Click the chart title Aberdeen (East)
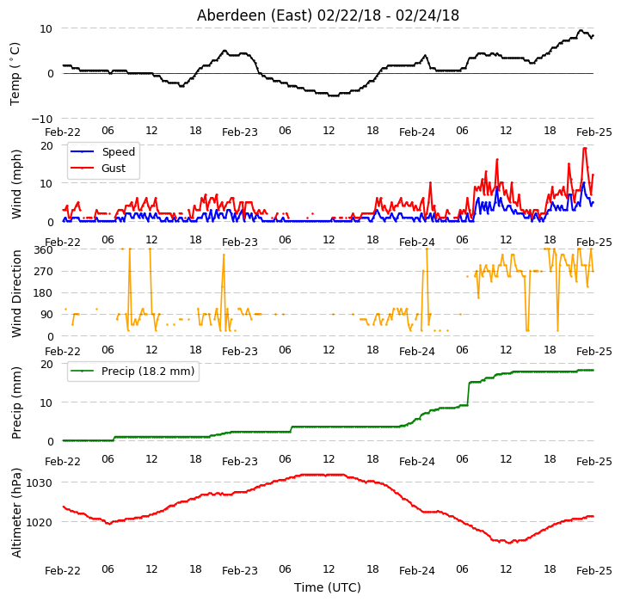click(255, 15)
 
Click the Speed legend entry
click(102, 151)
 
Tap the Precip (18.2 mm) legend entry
click(132, 372)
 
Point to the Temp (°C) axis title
click(15, 74)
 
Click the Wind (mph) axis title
click(16, 184)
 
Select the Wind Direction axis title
click(16, 293)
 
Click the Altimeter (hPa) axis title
click(16, 513)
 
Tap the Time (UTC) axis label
click(328, 587)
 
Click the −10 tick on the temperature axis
click(41, 119)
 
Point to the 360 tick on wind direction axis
click(43, 250)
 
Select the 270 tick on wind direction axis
click(43, 272)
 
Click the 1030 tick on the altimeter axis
click(40, 482)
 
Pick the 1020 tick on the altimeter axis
click(40, 522)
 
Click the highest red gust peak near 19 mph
click(585, 148)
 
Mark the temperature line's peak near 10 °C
click(581, 30)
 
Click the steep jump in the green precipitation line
click(469, 394)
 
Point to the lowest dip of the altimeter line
click(510, 543)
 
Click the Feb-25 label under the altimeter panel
click(594, 571)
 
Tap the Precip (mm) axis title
click(16, 402)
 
